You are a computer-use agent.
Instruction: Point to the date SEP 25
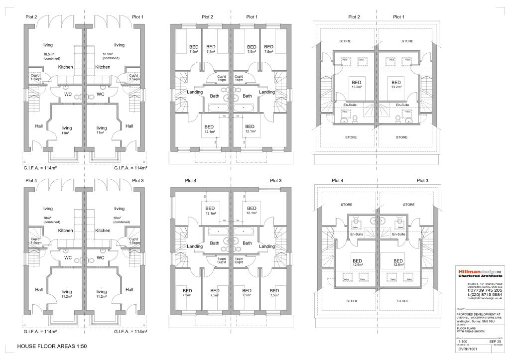496,341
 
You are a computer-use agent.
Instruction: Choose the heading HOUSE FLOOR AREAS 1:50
52,346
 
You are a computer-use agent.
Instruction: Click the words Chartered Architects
480,276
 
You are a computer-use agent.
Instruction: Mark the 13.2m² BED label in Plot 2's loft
356,85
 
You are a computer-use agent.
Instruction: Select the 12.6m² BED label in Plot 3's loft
398,263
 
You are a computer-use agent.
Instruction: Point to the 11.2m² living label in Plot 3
102,294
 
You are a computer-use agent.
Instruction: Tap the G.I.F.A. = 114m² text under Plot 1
130,168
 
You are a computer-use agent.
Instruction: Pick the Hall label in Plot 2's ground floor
39,126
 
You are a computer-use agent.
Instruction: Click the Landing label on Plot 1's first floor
266,92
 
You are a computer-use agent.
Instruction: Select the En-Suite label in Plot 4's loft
356,234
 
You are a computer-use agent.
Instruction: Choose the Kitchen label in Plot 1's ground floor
103,67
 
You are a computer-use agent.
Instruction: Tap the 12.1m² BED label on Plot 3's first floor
252,211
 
